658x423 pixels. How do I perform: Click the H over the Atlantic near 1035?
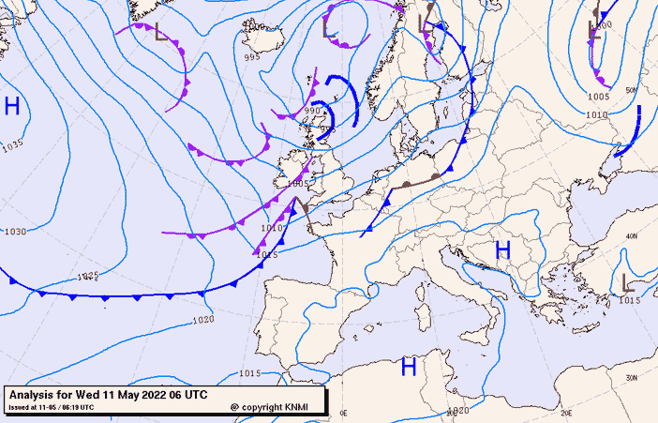tap(12, 106)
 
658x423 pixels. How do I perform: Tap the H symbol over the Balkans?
tap(502, 250)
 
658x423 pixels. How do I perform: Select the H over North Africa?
tap(409, 367)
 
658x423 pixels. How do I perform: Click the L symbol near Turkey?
tap(626, 281)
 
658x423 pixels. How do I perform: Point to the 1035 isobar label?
tap(12, 146)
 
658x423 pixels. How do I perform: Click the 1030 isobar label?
tap(15, 232)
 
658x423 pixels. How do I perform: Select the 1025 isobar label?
tap(87, 276)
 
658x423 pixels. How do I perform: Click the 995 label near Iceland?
tap(252, 57)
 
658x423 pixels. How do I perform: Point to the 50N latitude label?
tap(632, 91)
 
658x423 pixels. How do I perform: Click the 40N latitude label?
tap(633, 235)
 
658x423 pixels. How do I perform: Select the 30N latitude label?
tap(632, 378)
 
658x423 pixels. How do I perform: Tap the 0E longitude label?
tap(343, 413)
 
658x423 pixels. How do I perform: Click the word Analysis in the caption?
tap(35, 395)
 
